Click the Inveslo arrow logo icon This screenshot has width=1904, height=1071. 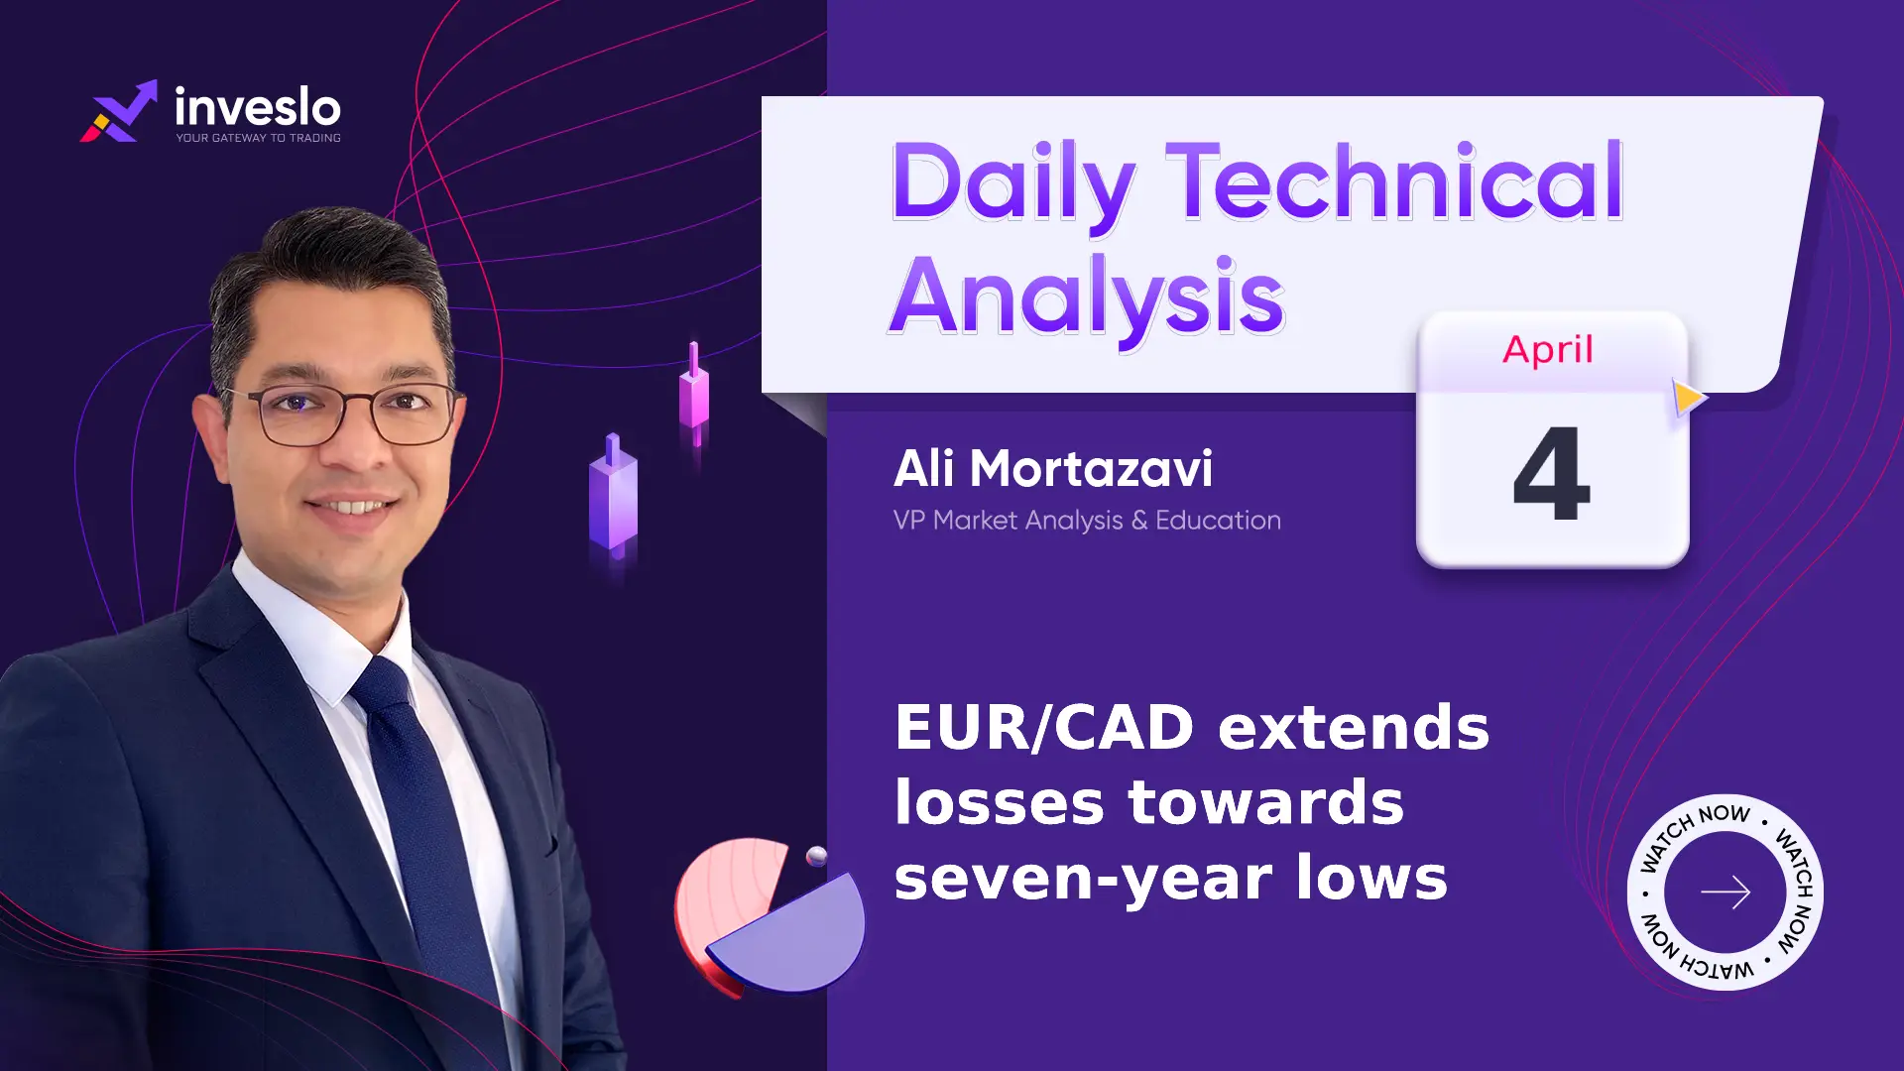tap(118, 111)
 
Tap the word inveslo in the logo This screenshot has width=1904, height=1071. tap(258, 107)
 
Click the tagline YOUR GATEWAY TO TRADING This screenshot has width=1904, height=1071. tap(259, 138)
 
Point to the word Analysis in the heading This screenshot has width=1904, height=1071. tap(1087, 297)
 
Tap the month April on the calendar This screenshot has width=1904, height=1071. tap(1548, 350)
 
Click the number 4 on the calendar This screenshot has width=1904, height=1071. tap(1552, 473)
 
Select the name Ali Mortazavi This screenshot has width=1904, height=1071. tap(1053, 468)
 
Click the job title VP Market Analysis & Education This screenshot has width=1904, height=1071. tap(1087, 520)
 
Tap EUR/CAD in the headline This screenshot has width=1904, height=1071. tap(1044, 727)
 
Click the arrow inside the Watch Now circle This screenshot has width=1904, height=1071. tap(1725, 892)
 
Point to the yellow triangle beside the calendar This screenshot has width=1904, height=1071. tap(1689, 398)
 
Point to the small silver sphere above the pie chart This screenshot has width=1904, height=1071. tap(817, 857)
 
